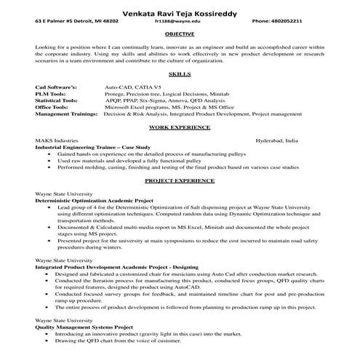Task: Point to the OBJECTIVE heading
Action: tap(179, 33)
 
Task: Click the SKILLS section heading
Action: tap(179, 75)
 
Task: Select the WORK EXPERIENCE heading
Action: tap(179, 127)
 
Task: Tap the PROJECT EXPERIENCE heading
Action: tap(179, 179)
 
